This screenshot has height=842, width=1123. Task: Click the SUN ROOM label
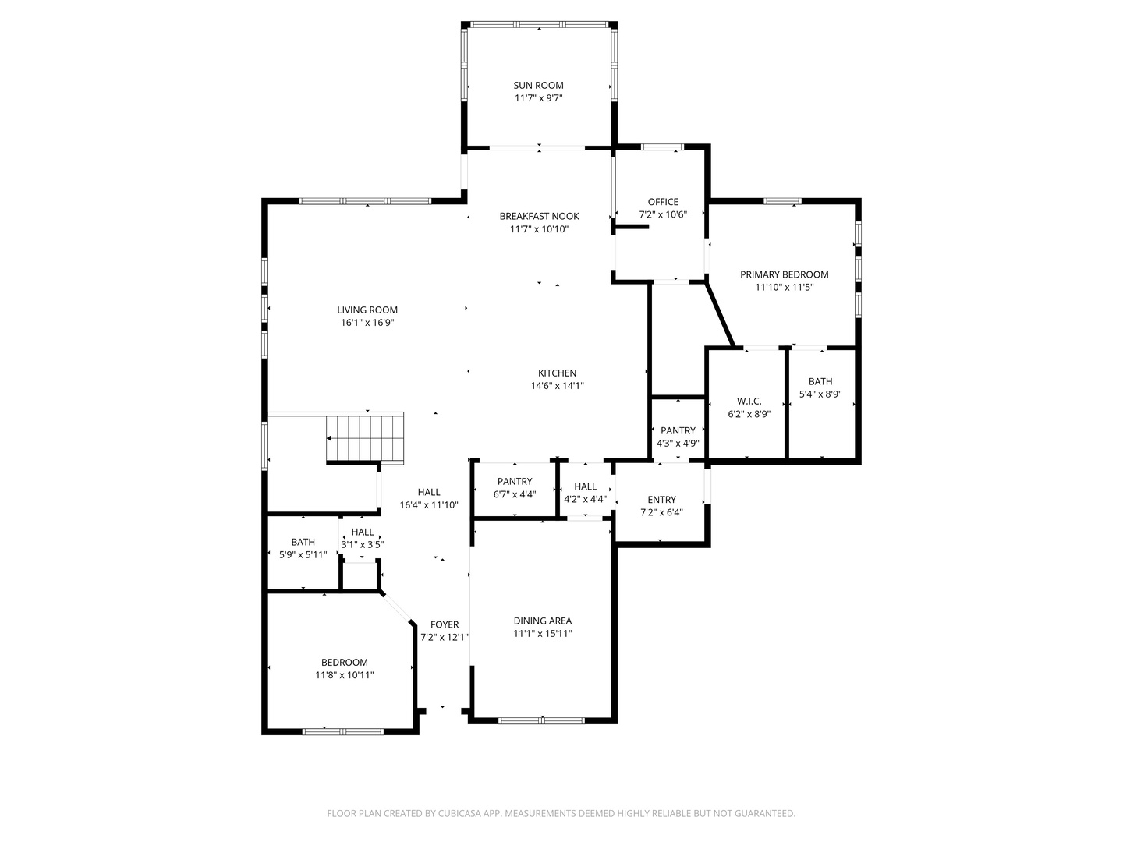(538, 86)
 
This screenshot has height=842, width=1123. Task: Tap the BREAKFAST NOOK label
(539, 216)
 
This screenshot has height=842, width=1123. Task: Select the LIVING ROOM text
(367, 310)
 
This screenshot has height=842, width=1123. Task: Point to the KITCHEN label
(557, 373)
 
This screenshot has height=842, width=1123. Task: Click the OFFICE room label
(663, 202)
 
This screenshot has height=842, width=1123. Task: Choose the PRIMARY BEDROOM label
(785, 274)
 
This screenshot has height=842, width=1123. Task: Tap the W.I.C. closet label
(749, 402)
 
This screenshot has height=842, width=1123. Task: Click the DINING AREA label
(543, 621)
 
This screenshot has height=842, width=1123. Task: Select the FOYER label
(445, 624)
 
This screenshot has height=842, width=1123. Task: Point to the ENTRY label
(661, 500)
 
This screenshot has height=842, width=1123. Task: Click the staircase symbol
(365, 439)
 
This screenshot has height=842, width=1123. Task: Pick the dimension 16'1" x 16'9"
(367, 323)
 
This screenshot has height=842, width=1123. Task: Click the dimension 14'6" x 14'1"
(557, 386)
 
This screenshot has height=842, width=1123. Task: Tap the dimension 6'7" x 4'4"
(515, 494)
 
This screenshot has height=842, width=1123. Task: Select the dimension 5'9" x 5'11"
(303, 554)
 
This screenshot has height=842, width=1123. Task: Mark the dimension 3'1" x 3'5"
(363, 545)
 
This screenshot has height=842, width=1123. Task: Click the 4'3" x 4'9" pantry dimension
(678, 444)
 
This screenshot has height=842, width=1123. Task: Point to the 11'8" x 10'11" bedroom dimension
(345, 675)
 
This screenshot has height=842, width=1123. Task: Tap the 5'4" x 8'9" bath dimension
(820, 394)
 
